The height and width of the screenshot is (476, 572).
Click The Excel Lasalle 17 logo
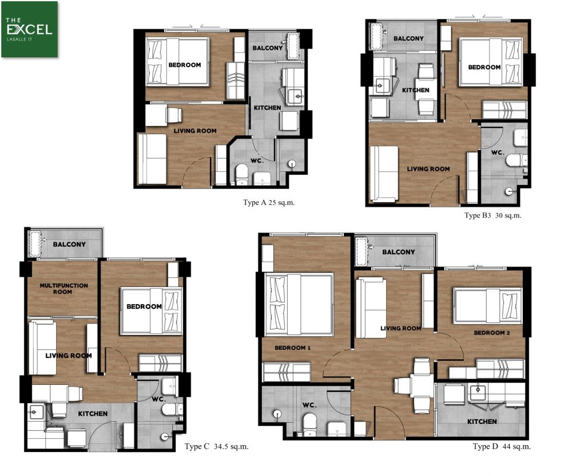coord(29,29)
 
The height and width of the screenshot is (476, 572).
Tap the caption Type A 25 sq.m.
coord(268,202)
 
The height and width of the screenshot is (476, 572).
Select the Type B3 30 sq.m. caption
coord(492,215)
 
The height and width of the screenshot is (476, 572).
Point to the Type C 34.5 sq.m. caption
coord(216,446)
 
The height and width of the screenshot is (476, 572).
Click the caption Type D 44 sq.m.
coord(501,446)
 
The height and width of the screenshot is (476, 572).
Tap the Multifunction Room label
coord(64,289)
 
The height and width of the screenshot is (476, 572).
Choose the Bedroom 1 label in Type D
coord(292,348)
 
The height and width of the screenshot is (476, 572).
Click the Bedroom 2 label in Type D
coord(492,333)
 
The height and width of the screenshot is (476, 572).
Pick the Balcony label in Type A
coord(267,48)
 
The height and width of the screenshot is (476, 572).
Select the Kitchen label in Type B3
coord(415,91)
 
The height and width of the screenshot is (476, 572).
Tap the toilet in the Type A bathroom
coord(241,175)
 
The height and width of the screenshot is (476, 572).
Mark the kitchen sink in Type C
coord(35,412)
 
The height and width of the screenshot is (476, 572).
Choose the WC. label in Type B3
coord(498,152)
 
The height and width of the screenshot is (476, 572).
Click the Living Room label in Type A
coord(195,131)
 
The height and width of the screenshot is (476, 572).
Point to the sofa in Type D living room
coord(371,308)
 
